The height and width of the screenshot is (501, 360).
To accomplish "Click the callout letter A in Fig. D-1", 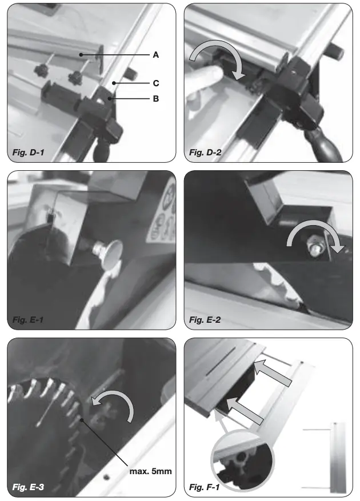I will [x=155, y=55].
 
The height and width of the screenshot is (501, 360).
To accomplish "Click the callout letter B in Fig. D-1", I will [x=155, y=98].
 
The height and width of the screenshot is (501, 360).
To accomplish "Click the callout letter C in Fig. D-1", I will [x=155, y=83].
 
